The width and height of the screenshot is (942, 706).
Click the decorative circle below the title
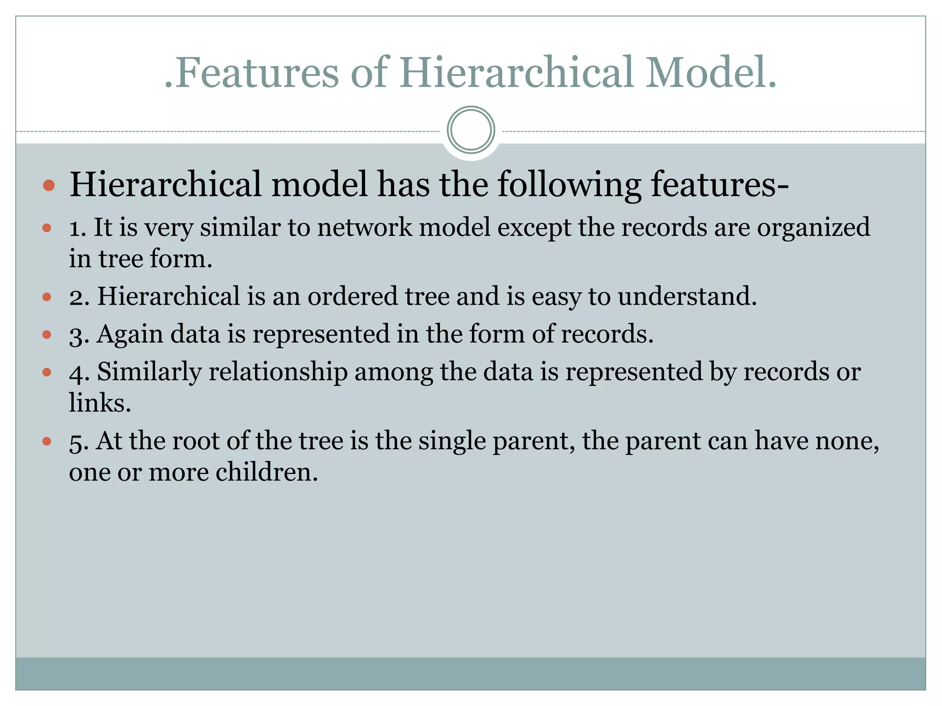click(471, 130)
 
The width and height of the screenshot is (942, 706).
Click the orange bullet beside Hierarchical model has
click(49, 186)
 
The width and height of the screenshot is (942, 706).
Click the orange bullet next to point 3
click(46, 335)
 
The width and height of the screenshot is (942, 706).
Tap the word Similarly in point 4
click(149, 372)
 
